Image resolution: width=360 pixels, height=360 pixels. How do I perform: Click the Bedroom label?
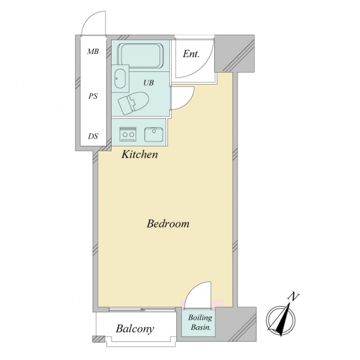(x=168, y=224)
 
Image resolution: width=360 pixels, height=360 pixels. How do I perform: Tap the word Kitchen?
(x=140, y=154)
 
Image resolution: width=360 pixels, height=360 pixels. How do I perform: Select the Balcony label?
(x=135, y=329)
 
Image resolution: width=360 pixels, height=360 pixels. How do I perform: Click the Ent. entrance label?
(x=191, y=54)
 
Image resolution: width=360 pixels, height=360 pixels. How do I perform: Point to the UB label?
(x=149, y=83)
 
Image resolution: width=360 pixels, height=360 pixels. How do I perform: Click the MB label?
(x=93, y=52)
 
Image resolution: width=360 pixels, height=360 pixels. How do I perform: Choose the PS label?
(x=93, y=96)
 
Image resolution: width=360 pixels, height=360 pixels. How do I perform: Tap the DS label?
(x=93, y=136)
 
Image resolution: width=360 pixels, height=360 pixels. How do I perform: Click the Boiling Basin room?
(x=199, y=322)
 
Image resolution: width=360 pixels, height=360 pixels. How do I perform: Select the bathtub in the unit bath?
(x=140, y=56)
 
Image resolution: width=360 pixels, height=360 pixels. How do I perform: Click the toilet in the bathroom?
(x=133, y=103)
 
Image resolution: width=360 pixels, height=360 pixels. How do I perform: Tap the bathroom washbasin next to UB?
(x=120, y=79)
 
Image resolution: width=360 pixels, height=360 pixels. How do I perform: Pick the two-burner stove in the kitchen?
(x=128, y=134)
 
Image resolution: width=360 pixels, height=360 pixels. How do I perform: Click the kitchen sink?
(x=154, y=134)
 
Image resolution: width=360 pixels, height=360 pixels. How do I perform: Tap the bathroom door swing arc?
(x=188, y=101)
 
